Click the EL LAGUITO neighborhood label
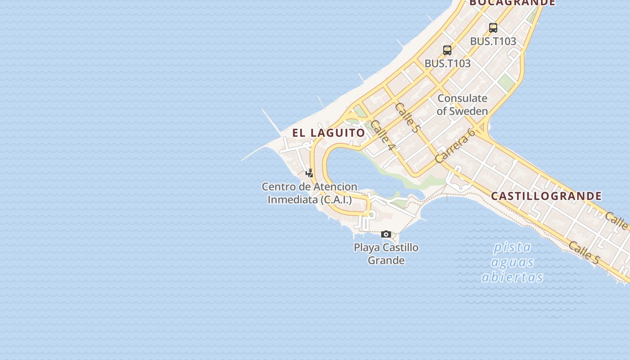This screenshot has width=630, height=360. click(x=328, y=133)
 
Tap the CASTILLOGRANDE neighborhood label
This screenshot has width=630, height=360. click(x=546, y=196)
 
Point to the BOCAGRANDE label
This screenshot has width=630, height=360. click(x=513, y=3)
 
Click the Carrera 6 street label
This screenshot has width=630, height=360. click(x=455, y=146)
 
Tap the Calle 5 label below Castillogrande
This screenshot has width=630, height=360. click(x=584, y=252)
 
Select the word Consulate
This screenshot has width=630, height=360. click(x=462, y=98)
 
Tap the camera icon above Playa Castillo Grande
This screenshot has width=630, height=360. click(x=386, y=234)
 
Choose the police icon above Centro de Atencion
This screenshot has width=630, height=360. click(x=310, y=173)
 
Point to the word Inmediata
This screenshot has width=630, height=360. click(x=293, y=199)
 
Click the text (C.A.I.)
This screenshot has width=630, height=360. click(x=336, y=199)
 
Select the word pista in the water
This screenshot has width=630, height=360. click(x=512, y=247)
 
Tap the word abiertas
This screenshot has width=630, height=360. click(x=512, y=277)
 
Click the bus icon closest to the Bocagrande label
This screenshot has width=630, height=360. click(x=493, y=28)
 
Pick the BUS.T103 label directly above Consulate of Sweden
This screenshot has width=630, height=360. click(x=447, y=63)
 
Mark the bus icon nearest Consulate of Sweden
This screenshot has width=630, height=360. click(x=447, y=50)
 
